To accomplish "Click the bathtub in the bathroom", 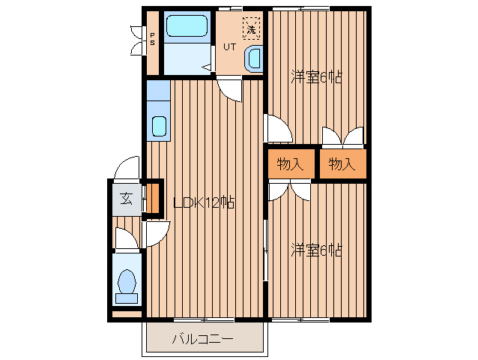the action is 187,26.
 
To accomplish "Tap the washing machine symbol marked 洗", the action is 252,28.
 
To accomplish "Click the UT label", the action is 229,47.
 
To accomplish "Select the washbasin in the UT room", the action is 254,59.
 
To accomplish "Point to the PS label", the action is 152,39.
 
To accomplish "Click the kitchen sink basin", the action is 159,126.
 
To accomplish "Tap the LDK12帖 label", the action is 204,202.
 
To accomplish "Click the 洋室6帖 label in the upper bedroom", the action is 316,77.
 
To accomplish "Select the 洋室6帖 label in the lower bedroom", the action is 316,250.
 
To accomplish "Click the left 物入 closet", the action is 291,163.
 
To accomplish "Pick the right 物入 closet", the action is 342,163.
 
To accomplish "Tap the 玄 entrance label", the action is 126,199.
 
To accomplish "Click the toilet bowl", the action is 127,281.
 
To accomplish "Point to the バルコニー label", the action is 203,339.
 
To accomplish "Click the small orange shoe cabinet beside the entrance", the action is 153,199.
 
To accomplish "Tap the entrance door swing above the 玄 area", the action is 127,168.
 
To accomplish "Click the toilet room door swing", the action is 127,238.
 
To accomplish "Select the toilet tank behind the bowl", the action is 127,298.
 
